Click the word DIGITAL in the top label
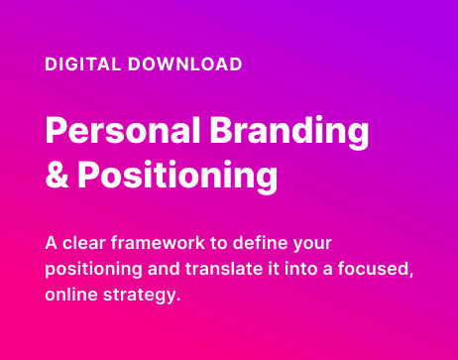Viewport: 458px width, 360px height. [x=83, y=64]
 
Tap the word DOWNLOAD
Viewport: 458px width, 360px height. [x=185, y=64]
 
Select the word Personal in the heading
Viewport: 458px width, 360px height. [x=123, y=130]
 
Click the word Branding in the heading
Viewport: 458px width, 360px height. [x=289, y=133]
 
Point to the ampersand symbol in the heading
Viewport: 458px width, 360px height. [x=57, y=175]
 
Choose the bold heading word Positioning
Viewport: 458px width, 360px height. [x=177, y=177]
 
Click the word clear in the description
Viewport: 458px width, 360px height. [x=84, y=243]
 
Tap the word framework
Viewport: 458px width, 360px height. [x=158, y=243]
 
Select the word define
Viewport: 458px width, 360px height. [x=261, y=243]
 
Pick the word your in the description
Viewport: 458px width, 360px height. [x=312, y=246]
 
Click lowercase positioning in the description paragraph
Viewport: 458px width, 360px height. [x=93, y=271]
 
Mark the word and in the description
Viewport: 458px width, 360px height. [x=164, y=269]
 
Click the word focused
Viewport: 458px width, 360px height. [x=373, y=269]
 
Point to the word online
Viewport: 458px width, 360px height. [x=71, y=295]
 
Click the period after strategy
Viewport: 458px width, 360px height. [x=178, y=300]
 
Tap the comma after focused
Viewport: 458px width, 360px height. [x=411, y=276]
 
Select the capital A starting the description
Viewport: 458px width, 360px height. [x=52, y=243]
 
